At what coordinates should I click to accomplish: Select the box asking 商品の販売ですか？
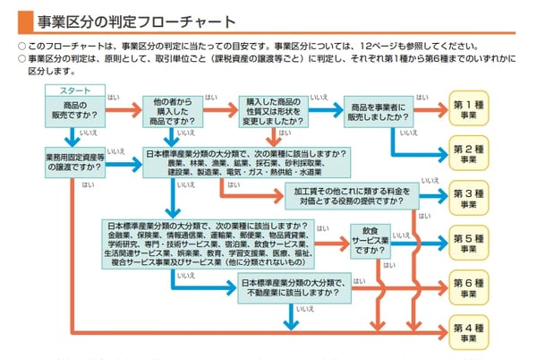coord(74,109)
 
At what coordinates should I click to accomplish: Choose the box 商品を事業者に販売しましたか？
coord(378,109)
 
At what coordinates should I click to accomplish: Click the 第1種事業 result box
coord(468,109)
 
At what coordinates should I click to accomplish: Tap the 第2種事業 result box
coord(468,152)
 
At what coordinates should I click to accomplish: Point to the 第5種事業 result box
coord(468,243)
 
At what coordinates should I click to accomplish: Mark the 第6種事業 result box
coord(468,287)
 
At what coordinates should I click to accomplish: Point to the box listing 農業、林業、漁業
coord(245,162)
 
